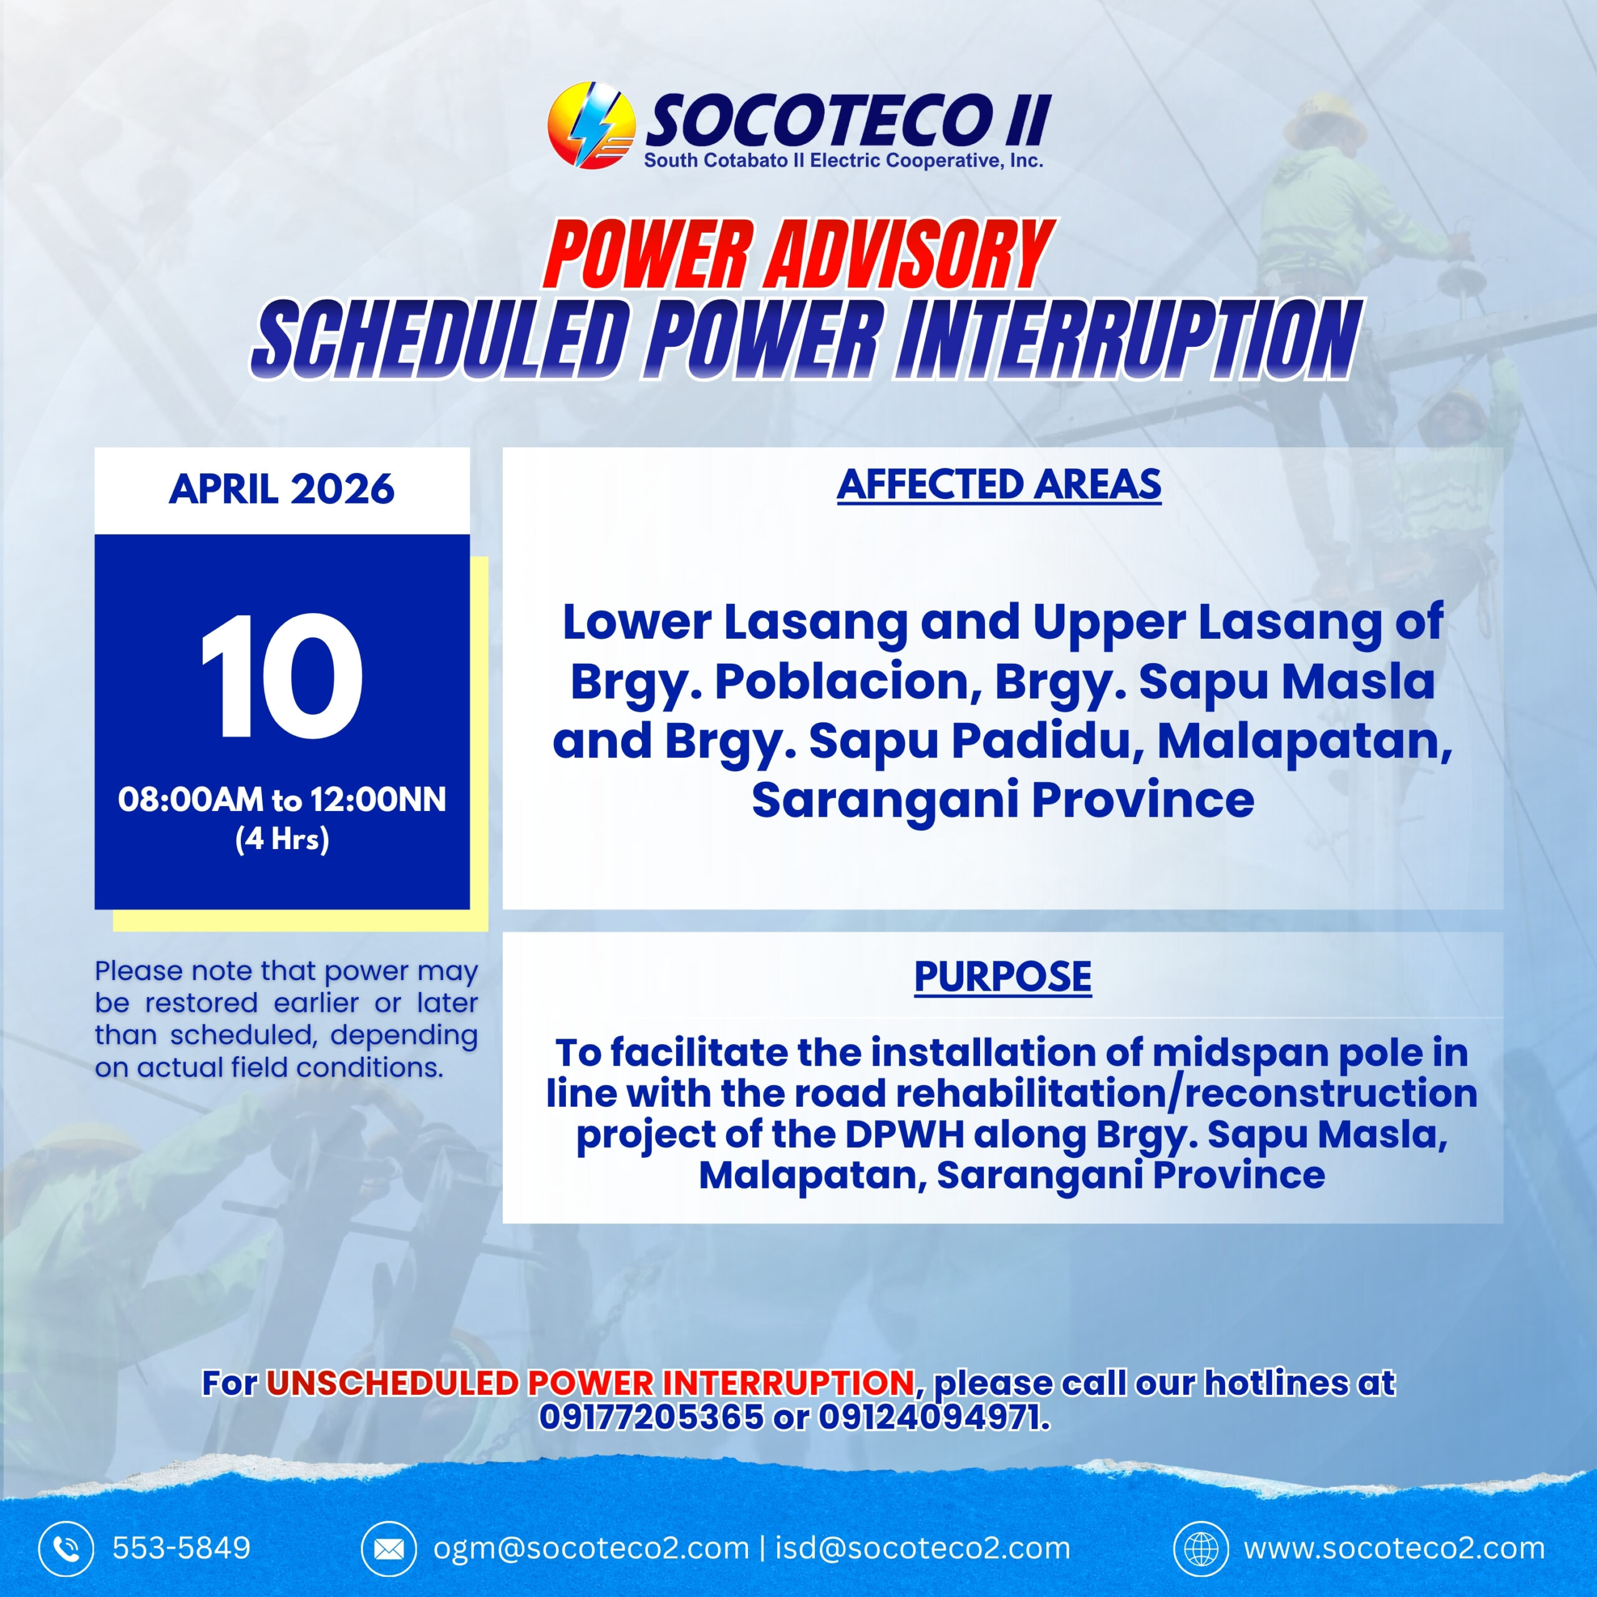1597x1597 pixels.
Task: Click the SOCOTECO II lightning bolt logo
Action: pos(591,125)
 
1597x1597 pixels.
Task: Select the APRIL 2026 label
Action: pos(282,489)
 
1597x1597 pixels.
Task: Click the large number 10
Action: pos(282,677)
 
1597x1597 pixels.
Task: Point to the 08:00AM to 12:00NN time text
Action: pos(282,800)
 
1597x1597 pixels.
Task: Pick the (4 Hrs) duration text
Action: pos(283,840)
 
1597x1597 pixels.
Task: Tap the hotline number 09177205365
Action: pos(651,1417)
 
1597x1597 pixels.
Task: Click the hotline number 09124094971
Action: pos(934,1417)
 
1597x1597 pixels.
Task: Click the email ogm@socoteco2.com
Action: pos(591,1548)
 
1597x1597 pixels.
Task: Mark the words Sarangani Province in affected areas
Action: pos(1002,801)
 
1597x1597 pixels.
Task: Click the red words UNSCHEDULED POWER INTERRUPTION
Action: pos(590,1383)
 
